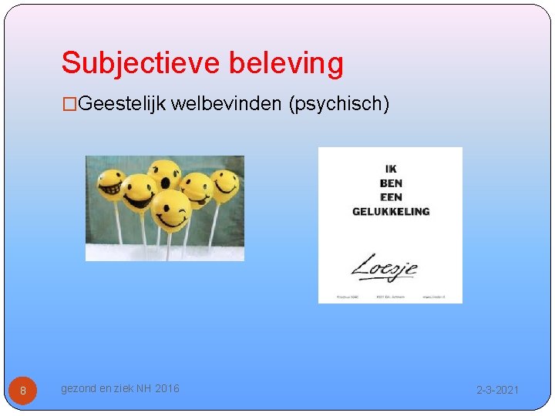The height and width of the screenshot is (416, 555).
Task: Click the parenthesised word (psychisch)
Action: coord(338,103)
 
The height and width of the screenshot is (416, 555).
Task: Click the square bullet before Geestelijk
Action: coord(70,103)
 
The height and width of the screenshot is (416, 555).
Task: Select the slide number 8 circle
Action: coord(22,391)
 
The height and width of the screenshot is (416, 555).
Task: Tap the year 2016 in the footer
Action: coord(166,389)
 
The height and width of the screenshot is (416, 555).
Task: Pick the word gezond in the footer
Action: coord(79,389)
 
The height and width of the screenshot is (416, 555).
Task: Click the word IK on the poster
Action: coord(390,169)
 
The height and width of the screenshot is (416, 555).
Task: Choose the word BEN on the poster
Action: coord(390,183)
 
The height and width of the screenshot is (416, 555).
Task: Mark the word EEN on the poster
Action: coord(390,197)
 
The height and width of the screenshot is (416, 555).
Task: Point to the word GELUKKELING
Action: coord(390,211)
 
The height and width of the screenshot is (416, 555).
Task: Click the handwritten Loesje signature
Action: coord(385,268)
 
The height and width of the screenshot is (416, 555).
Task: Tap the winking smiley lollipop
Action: coord(170,210)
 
